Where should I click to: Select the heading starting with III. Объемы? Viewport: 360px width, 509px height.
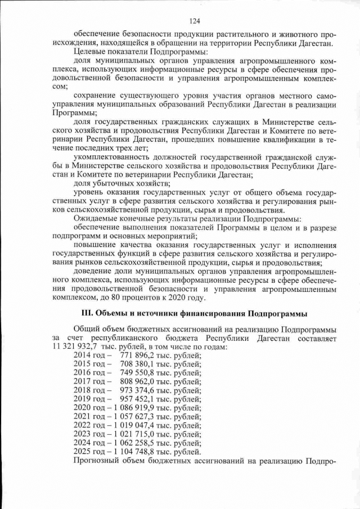click(195, 312)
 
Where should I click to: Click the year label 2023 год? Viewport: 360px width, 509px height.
click(89, 434)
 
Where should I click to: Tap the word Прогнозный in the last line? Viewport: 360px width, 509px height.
click(98, 461)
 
